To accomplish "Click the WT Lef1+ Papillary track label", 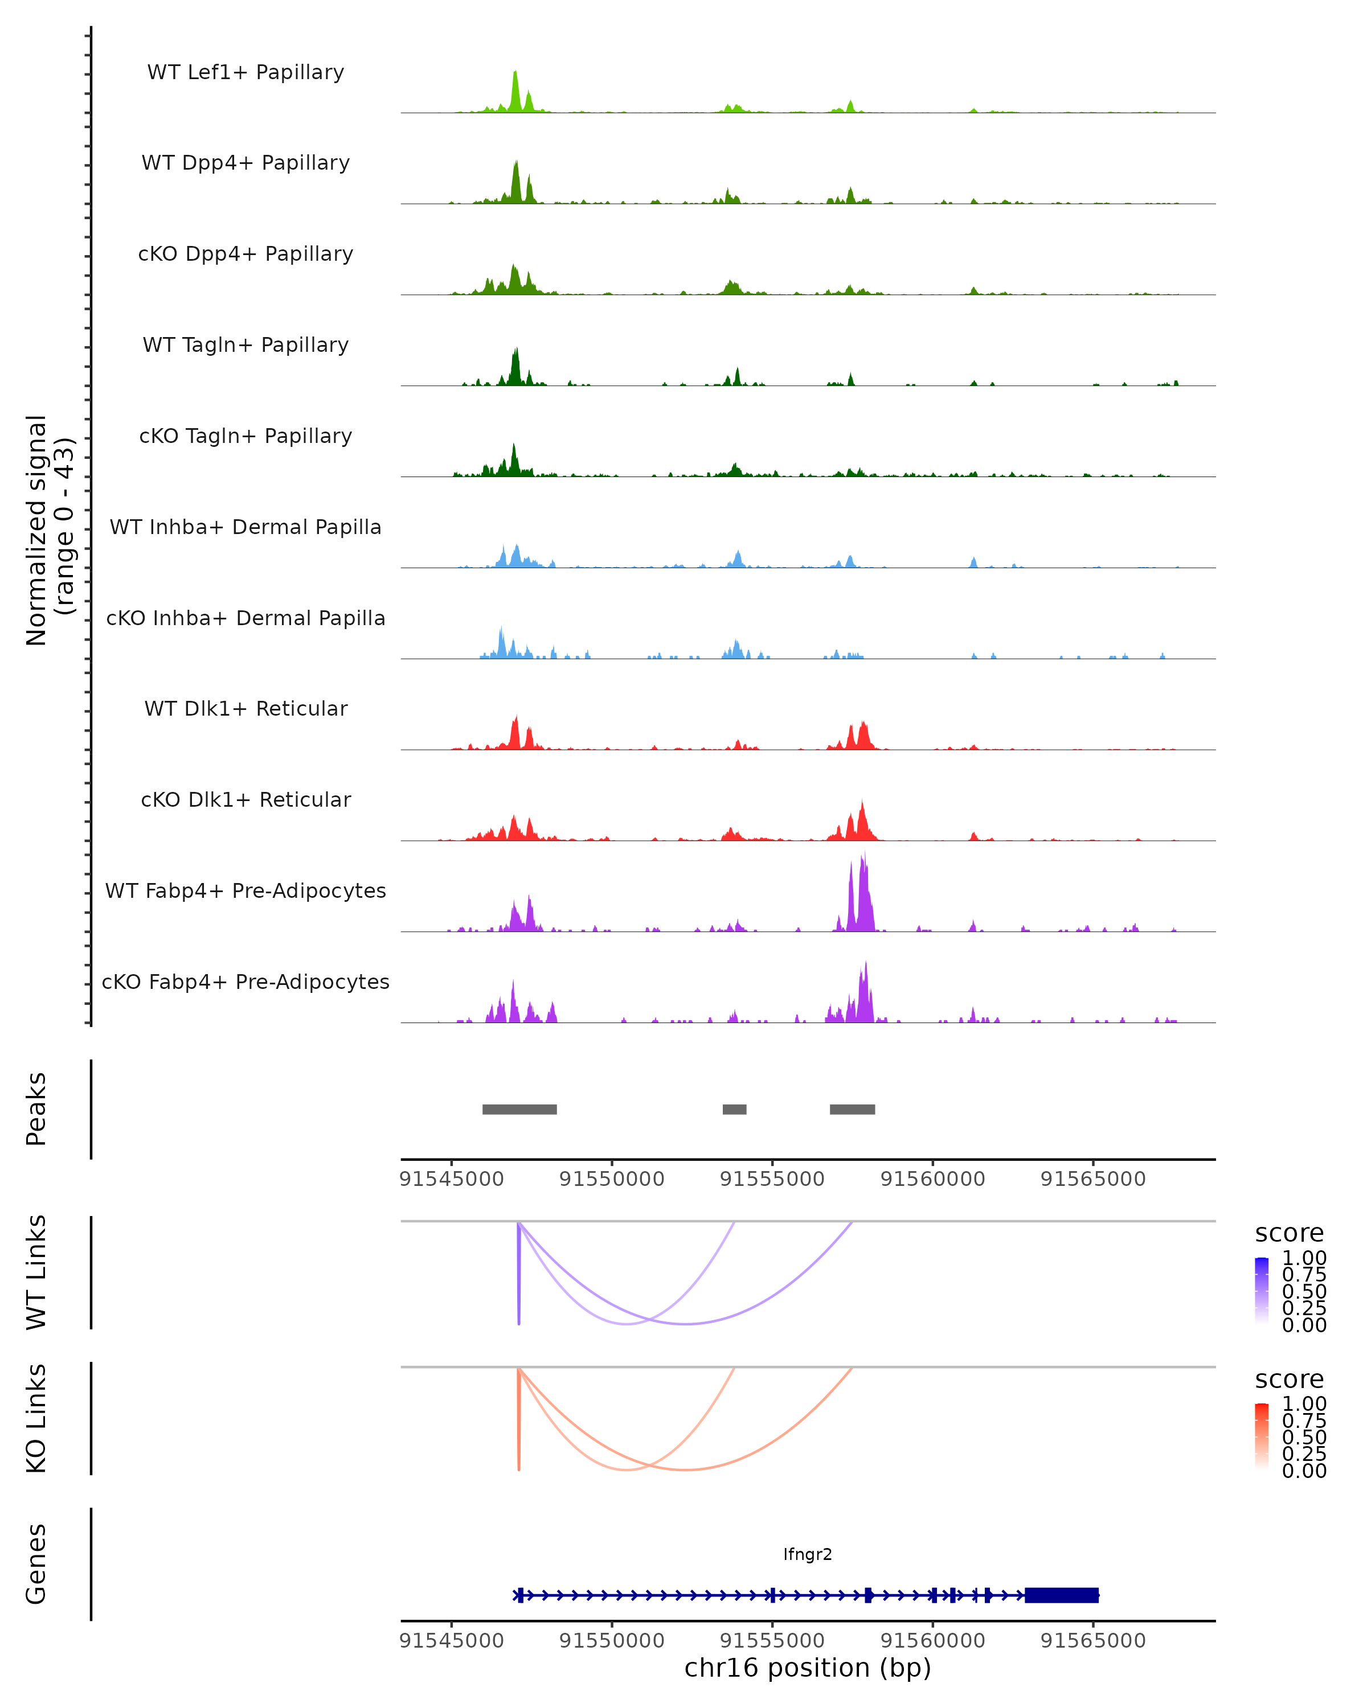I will pyautogui.click(x=245, y=73).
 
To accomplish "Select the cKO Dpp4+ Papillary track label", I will pyautogui.click(x=245, y=254).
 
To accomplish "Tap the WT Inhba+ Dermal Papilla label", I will pyautogui.click(x=245, y=528).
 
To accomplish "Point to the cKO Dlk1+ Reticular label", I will pyautogui.click(x=245, y=800).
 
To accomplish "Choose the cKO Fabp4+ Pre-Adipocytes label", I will pyautogui.click(x=245, y=982).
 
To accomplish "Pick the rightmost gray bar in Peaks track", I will pyautogui.click(x=852, y=1109).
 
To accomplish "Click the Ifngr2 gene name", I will pyautogui.click(x=808, y=1554).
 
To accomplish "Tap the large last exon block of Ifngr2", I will pyautogui.click(x=1061, y=1595).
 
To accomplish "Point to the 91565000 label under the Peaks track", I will pyautogui.click(x=1093, y=1179).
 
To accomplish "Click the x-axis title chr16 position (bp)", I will pyautogui.click(x=808, y=1668).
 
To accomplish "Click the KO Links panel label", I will pyautogui.click(x=36, y=1419).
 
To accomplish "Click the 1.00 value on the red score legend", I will pyautogui.click(x=1304, y=1404).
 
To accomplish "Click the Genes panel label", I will pyautogui.click(x=36, y=1565).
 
